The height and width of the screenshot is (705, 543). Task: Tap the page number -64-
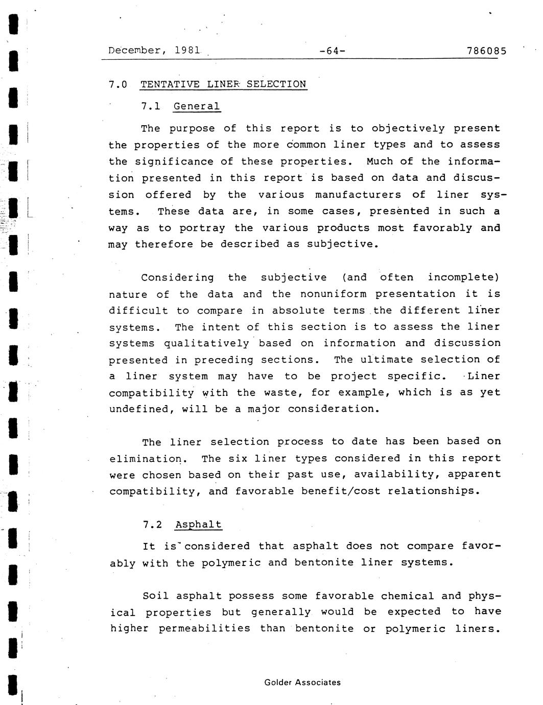pyautogui.click(x=332, y=51)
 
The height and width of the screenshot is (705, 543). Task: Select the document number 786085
pyautogui.click(x=486, y=51)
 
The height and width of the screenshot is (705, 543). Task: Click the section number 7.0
pyautogui.click(x=117, y=84)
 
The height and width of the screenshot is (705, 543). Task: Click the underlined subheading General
pyautogui.click(x=197, y=106)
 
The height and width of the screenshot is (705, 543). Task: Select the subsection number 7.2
pyautogui.click(x=152, y=525)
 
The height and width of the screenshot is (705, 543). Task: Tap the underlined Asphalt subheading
pyautogui.click(x=198, y=525)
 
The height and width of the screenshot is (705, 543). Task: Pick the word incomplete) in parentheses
pyautogui.click(x=463, y=277)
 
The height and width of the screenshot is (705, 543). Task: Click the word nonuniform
pyautogui.click(x=333, y=294)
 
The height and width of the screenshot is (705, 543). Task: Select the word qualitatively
pyautogui.click(x=206, y=343)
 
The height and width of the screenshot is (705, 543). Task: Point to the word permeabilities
pyautogui.click(x=204, y=628)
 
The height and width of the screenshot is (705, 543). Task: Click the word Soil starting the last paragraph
pyautogui.click(x=156, y=596)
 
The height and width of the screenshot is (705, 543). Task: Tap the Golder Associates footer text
pyautogui.click(x=302, y=682)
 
